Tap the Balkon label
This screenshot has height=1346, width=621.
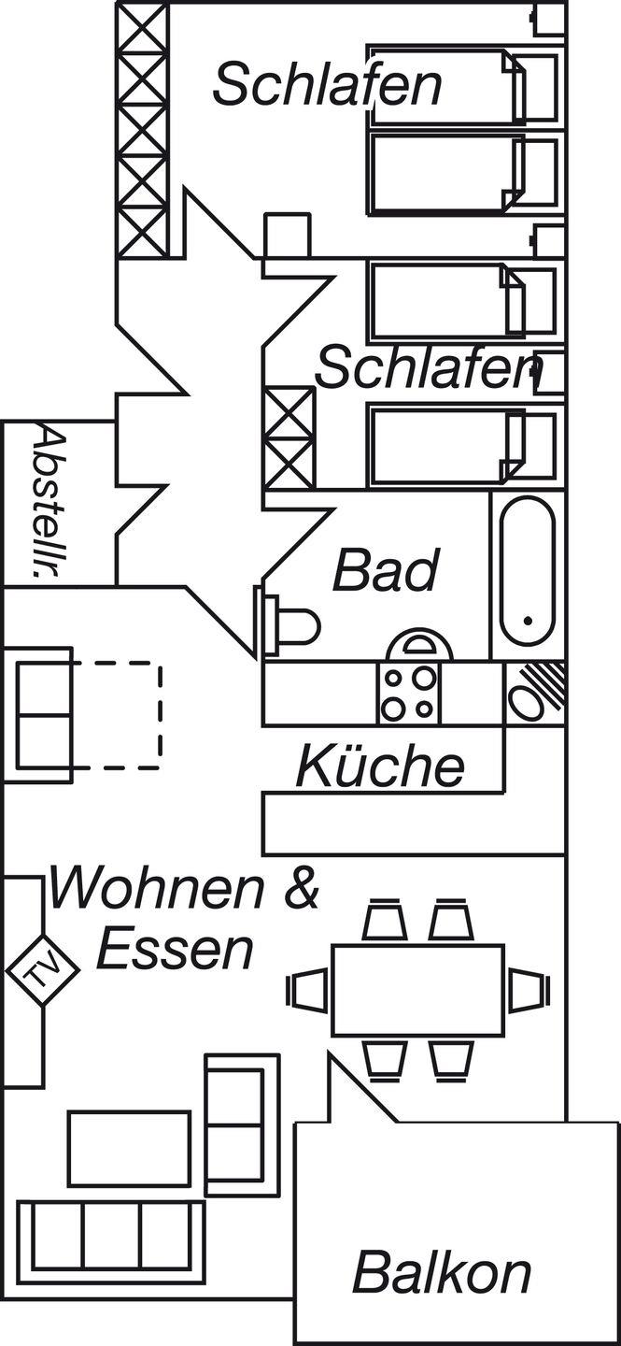point(441,1272)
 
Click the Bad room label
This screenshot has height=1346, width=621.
point(386,570)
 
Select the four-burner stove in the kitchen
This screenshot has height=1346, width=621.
point(411,693)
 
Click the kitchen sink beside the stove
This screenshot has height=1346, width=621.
point(534,693)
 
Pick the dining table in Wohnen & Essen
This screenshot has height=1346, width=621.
point(417,990)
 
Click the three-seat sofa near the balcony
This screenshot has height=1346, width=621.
point(111,1236)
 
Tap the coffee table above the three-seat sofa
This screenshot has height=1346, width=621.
point(129,1149)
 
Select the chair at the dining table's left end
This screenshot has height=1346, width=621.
point(307,990)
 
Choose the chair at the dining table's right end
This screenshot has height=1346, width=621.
point(528,990)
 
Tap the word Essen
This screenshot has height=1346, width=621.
point(176,949)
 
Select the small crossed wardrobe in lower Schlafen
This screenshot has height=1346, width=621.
point(289,438)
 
